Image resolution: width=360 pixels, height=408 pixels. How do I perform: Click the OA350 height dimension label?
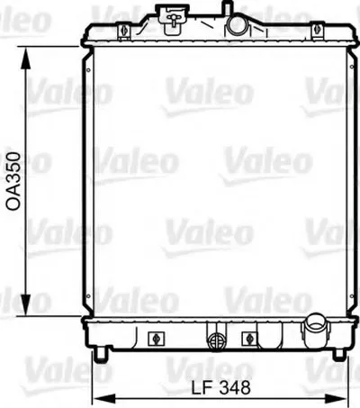13,181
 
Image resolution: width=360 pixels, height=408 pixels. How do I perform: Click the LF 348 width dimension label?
221,387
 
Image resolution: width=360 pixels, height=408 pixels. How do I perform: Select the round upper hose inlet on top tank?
238,25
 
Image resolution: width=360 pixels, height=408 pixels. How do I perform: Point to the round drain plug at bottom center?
217,340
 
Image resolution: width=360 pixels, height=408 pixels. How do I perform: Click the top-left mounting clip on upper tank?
123,32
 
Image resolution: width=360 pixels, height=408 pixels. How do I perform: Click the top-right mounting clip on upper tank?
318,31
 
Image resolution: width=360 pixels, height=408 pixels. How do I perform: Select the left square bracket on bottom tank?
157,339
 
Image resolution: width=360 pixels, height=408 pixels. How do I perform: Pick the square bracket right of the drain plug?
249,339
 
